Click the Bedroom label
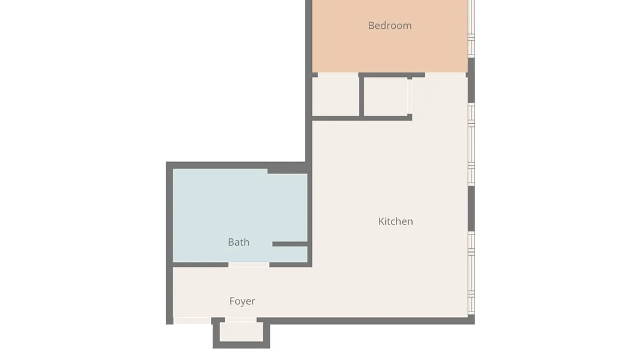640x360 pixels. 390,26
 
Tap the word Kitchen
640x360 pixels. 396,221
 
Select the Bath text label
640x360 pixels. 239,242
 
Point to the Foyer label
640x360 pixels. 242,301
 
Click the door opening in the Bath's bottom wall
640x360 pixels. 249,265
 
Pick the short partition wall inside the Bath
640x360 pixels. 290,244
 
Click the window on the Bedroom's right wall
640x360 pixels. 471,28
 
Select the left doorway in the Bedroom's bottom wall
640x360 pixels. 338,75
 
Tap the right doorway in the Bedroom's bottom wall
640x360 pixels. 445,75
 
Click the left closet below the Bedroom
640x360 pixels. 335,97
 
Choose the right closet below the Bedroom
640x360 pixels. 385,97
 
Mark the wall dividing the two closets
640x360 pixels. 361,97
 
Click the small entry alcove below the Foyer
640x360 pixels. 241,332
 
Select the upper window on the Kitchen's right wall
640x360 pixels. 471,144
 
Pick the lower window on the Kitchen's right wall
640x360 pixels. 471,273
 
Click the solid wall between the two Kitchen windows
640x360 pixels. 471,209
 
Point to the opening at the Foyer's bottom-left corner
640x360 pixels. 192,321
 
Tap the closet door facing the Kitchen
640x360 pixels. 409,96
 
